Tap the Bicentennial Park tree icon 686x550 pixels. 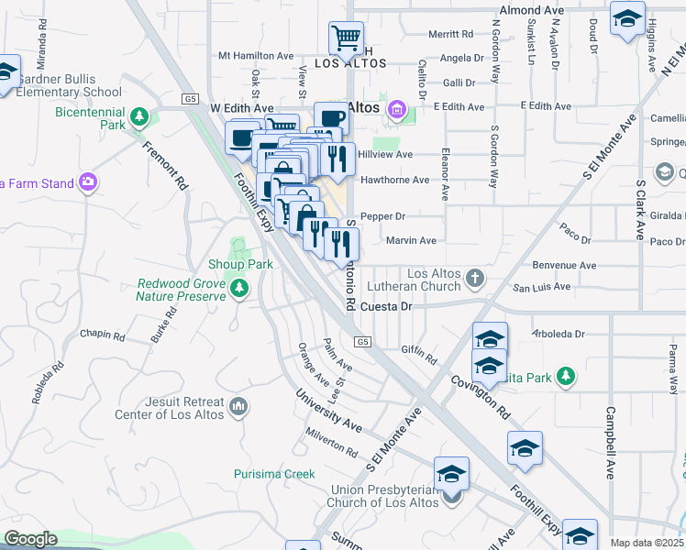click(x=139, y=116)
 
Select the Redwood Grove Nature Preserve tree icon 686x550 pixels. click(x=239, y=290)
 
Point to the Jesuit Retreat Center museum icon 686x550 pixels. click(x=238, y=405)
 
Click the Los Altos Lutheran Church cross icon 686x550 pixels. click(x=475, y=277)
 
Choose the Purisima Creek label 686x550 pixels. click(x=273, y=474)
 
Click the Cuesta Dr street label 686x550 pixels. click(x=386, y=307)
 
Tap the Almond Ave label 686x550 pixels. click(x=531, y=10)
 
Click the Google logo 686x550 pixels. click(x=30, y=539)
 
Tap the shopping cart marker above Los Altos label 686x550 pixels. click(x=346, y=38)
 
